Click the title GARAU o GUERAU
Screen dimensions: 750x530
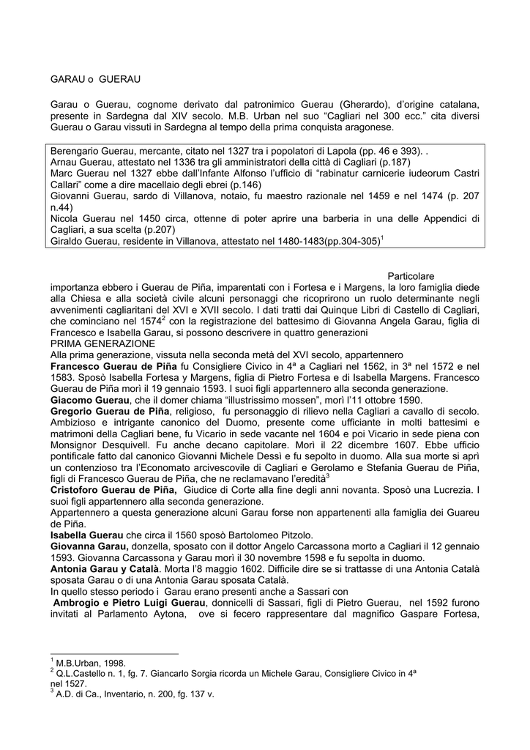click(94, 77)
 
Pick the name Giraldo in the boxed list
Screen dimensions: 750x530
click(65, 240)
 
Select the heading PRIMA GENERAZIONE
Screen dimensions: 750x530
click(102, 343)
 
